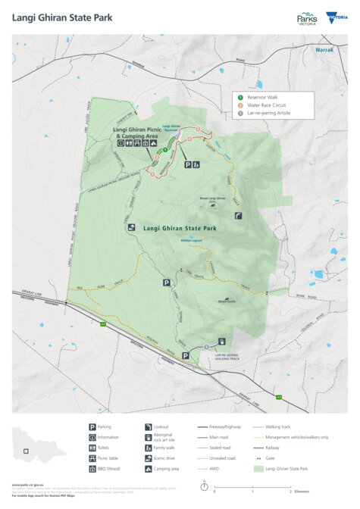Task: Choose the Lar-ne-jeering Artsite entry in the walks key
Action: pyautogui.click(x=266, y=114)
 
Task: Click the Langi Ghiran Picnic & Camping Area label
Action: pyautogui.click(x=140, y=133)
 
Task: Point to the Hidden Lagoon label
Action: pyautogui.click(x=191, y=241)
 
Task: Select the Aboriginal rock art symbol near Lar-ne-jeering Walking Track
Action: pyautogui.click(x=222, y=341)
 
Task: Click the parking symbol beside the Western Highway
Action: pyautogui.click(x=185, y=354)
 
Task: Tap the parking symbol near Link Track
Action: pyautogui.click(x=166, y=283)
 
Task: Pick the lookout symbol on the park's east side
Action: pyautogui.click(x=239, y=215)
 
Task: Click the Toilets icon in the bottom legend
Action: pyautogui.click(x=92, y=448)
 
